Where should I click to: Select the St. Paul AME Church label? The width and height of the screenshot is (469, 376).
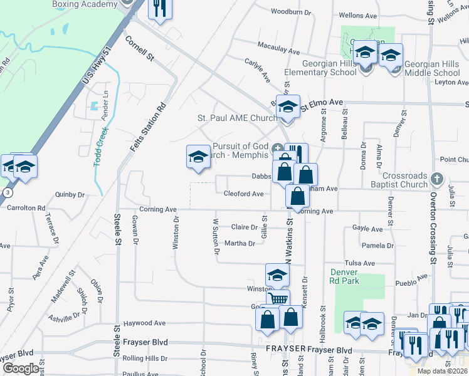point(237,118)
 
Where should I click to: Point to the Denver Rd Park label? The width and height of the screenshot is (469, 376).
point(344,276)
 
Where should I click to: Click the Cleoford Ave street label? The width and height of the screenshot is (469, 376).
point(243,194)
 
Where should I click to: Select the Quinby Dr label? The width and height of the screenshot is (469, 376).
point(69,195)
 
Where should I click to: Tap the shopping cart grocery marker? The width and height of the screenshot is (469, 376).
point(278,298)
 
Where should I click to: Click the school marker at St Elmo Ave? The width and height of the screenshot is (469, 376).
point(288,107)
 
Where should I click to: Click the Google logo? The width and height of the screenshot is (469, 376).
point(21,368)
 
